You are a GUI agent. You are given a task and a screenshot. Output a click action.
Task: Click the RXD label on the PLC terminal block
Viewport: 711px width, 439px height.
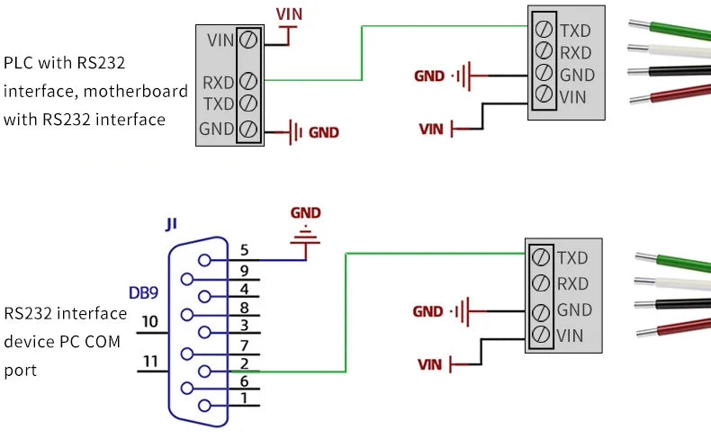tap(219, 83)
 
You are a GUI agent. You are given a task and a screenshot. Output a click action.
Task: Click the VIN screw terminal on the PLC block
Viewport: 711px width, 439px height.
tap(247, 40)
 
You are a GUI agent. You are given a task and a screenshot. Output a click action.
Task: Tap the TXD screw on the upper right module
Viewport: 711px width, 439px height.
tap(544, 29)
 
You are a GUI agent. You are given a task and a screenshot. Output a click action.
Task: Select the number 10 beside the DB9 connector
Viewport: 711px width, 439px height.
tap(149, 321)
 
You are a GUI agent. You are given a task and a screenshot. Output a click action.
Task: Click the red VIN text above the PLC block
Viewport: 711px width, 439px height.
tap(289, 13)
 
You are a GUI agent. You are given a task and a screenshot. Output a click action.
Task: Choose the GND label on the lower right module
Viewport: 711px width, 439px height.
tap(574, 310)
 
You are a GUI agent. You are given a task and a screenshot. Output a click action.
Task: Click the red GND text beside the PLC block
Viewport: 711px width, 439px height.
tap(324, 132)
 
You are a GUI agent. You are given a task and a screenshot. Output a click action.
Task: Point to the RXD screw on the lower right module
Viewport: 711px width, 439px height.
tap(541, 283)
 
